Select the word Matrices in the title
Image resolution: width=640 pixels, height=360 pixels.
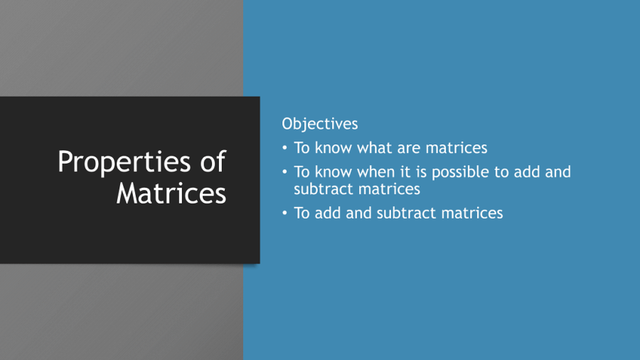click(x=171, y=193)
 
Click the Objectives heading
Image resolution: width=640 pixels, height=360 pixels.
click(x=319, y=123)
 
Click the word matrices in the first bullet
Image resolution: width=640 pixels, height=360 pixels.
click(x=457, y=148)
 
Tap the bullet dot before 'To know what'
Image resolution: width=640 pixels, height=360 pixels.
click(x=284, y=148)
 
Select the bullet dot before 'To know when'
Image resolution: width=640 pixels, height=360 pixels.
click(x=284, y=172)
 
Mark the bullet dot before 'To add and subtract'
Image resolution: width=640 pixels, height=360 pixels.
click(x=284, y=213)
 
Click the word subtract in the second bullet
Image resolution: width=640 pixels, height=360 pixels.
click(x=323, y=189)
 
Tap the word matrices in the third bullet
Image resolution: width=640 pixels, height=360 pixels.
click(x=471, y=213)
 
